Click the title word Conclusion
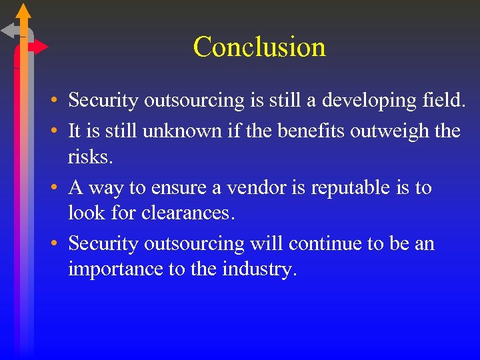click(x=259, y=47)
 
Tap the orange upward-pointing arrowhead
click(x=23, y=11)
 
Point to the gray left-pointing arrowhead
click(x=10, y=30)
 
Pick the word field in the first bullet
click(x=442, y=100)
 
